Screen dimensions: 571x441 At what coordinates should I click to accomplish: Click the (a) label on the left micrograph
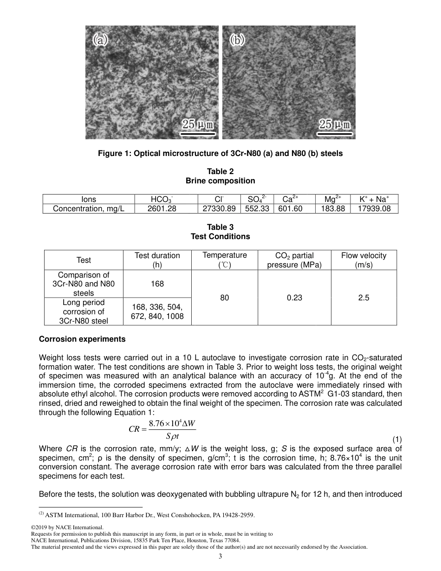tap(100, 40)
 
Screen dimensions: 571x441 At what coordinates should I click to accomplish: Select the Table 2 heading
tap(220, 171)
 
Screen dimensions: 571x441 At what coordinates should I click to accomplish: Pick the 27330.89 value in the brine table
tap(220, 209)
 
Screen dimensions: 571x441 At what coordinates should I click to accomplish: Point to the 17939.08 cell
tap(375, 209)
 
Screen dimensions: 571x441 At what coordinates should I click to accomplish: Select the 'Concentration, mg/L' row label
tap(89, 209)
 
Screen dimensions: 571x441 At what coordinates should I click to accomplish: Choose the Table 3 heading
tap(220, 227)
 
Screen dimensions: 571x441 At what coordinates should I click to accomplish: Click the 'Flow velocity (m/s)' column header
tap(363, 260)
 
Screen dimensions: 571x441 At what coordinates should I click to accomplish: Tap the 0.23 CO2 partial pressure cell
tap(294, 298)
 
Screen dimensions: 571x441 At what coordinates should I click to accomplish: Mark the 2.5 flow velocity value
tap(363, 298)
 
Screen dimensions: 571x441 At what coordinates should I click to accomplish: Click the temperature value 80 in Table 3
tap(225, 298)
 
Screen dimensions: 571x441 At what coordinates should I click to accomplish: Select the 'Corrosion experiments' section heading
tap(82, 339)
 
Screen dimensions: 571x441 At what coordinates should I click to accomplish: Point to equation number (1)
tap(397, 439)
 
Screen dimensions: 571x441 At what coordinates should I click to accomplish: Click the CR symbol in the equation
tap(134, 429)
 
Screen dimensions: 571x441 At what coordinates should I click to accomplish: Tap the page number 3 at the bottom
tap(220, 557)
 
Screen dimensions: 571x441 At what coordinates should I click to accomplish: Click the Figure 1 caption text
tap(220, 153)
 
